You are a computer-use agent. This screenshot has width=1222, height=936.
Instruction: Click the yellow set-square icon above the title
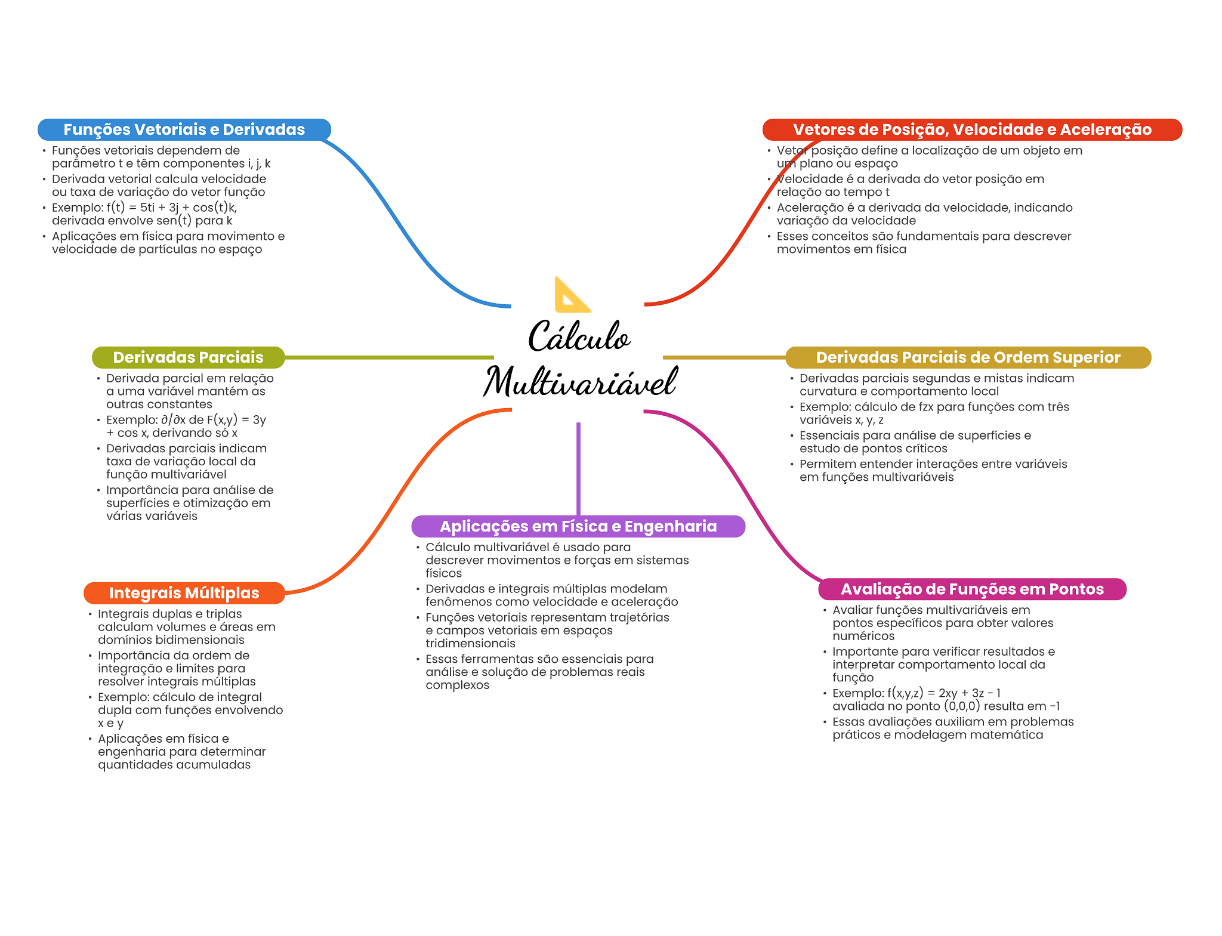point(571,295)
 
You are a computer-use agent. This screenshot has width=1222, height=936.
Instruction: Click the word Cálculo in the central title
point(579,336)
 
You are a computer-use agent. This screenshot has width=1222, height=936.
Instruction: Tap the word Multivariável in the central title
point(580,382)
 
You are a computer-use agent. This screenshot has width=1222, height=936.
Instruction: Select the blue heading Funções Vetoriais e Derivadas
point(184,129)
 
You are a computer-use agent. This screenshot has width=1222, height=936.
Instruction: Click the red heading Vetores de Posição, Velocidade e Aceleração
point(971,129)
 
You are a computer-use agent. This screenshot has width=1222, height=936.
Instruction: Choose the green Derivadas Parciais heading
point(188,357)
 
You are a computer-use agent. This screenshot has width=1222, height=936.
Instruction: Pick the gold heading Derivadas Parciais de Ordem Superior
point(968,357)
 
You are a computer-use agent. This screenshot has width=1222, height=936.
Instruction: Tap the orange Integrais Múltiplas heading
point(184,593)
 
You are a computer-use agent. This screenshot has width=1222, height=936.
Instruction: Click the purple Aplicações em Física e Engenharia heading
point(578,526)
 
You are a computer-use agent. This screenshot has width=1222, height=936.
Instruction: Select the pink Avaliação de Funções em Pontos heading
point(972,589)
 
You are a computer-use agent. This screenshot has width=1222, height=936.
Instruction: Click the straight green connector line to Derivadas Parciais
point(388,357)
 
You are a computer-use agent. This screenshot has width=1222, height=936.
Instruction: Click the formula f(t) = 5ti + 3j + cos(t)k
point(172,208)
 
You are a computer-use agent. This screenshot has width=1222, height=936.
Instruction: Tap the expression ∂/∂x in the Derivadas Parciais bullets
point(173,420)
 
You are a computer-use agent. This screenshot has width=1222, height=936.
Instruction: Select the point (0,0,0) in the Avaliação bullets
point(962,706)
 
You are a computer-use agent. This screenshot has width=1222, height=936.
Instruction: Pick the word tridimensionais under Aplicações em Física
point(470,644)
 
